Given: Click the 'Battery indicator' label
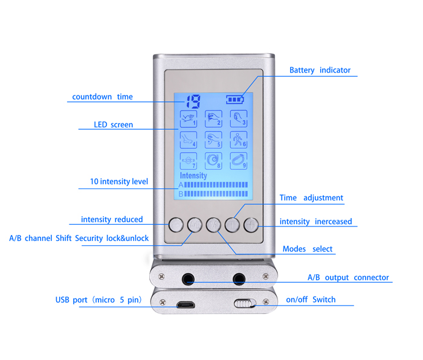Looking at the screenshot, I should [320, 70].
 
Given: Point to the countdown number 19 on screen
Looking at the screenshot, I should [193, 101].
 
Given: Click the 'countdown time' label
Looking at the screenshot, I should [102, 97].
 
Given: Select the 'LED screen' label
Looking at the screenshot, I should [113, 125].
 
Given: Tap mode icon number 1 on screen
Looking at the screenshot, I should [189, 118].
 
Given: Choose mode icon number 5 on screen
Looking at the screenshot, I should [213, 140].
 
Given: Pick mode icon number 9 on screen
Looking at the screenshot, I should [238, 161].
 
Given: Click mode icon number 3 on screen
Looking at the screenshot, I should [238, 118].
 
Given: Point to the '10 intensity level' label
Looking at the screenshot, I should [118, 182].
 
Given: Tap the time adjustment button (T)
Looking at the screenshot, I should [232, 225].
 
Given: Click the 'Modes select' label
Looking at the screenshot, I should [308, 249].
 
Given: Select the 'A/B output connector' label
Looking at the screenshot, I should [348, 278].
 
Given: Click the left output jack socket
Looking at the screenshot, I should [189, 279].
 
